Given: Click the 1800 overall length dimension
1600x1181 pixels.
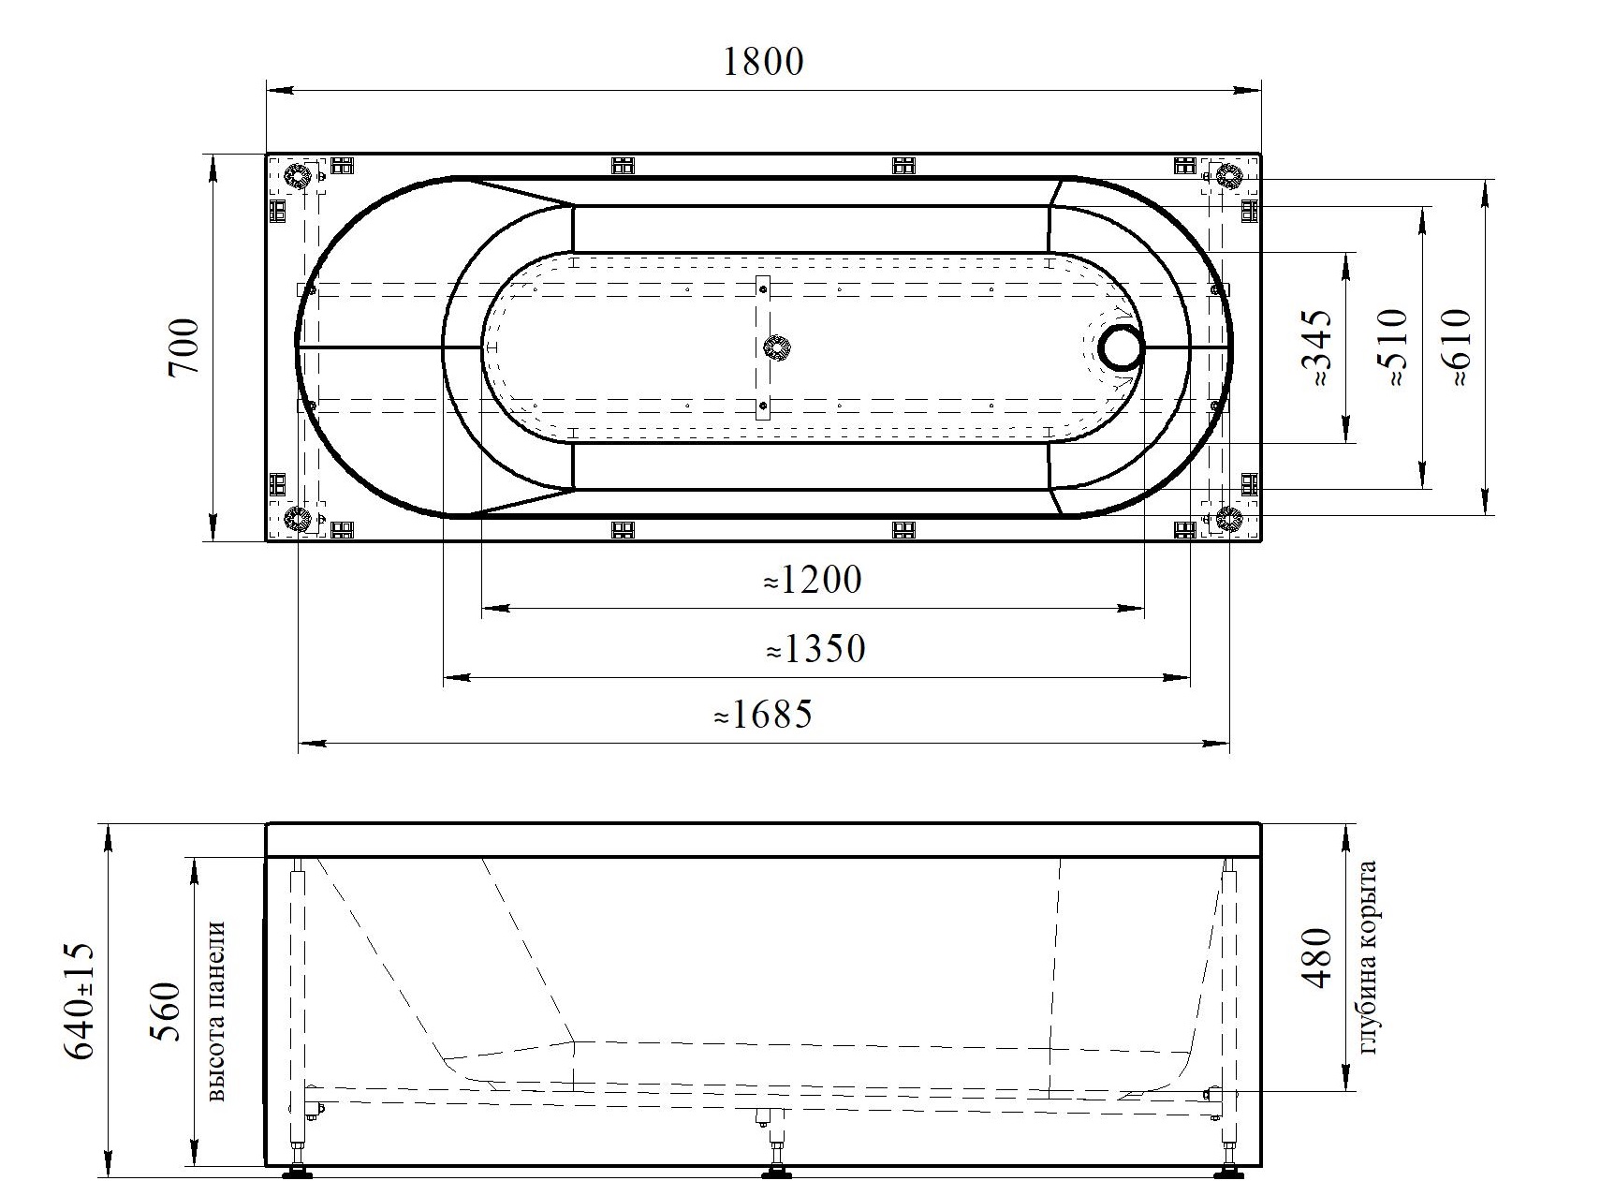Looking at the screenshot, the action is pos(763,61).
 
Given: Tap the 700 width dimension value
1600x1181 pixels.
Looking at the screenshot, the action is pos(184,347).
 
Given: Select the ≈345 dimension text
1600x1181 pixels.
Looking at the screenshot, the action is pos(1316,350).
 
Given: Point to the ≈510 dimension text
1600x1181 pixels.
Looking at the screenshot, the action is pos(1392,348).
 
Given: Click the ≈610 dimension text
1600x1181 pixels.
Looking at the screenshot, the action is pos(1457,347).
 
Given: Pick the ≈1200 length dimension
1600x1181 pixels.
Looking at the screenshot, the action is pos(812,581).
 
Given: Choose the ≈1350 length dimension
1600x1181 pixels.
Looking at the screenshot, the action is pos(815,648).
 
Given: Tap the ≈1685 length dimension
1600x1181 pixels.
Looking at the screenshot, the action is pos(763,716).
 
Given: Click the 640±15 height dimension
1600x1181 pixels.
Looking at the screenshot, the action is pos(79,1000).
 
